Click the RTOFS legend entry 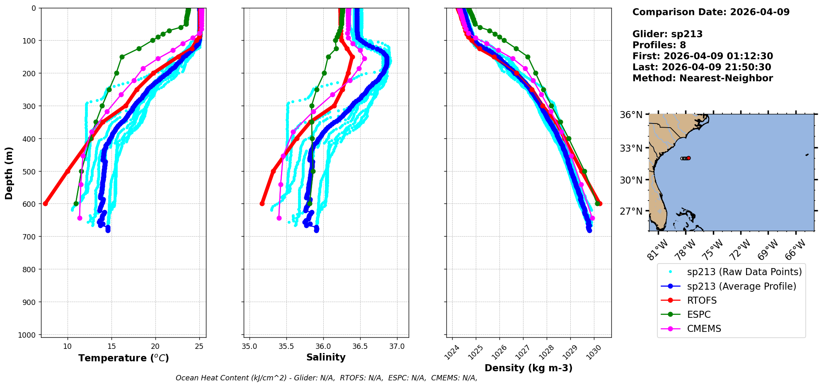702,300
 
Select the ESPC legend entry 699,314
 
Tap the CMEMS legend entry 704,329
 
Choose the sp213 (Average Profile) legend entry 741,286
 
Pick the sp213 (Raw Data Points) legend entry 744,272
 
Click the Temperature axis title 124,358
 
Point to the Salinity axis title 326,357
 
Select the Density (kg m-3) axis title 528,368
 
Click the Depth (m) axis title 9,173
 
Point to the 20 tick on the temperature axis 155,346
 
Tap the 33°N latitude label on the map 631,148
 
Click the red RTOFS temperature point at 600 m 46,203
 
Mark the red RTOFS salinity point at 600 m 262,203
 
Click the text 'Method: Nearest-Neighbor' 703,78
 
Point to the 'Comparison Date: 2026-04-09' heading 711,12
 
